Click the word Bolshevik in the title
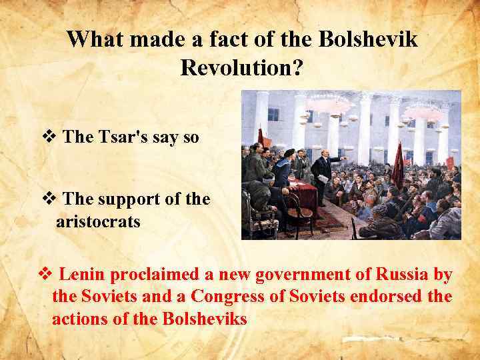point(369,40)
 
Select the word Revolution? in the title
point(241,67)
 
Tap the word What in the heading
point(98,40)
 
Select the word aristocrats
point(98,221)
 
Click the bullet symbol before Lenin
point(47,274)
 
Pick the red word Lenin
point(85,274)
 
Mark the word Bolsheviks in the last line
point(204,319)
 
